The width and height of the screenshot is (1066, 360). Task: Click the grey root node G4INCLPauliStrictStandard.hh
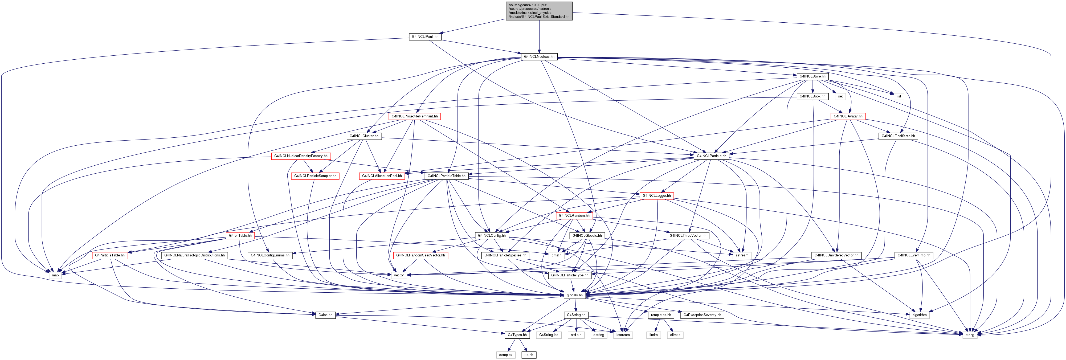click(x=539, y=11)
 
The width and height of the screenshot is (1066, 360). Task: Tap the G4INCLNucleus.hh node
click(x=539, y=57)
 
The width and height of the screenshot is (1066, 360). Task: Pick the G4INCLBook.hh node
click(x=812, y=96)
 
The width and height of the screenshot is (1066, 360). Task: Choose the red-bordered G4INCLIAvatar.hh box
click(x=848, y=116)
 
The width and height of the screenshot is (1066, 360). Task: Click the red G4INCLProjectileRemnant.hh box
click(x=415, y=116)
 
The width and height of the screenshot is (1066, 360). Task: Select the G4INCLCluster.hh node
click(x=364, y=136)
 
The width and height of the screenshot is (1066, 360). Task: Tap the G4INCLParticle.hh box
click(x=711, y=156)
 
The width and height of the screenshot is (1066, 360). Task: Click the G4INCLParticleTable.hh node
click(x=447, y=176)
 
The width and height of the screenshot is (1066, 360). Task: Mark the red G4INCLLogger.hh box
click(x=657, y=196)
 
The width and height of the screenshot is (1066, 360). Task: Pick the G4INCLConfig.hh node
click(x=492, y=235)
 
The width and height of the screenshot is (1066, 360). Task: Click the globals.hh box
click(x=575, y=295)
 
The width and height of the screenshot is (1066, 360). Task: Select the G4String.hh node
click(x=576, y=315)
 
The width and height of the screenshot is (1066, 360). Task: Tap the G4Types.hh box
click(x=517, y=335)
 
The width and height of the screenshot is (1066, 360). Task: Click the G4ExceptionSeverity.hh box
click(x=702, y=315)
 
